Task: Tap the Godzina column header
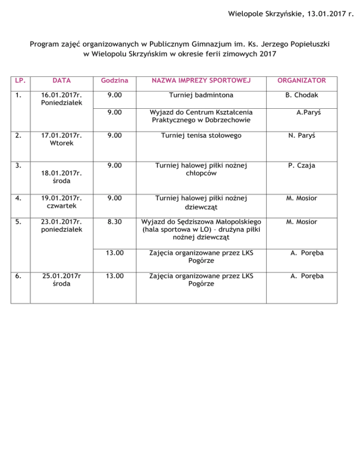pyautogui.click(x=115, y=81)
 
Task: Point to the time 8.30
pyautogui.click(x=115, y=221)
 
